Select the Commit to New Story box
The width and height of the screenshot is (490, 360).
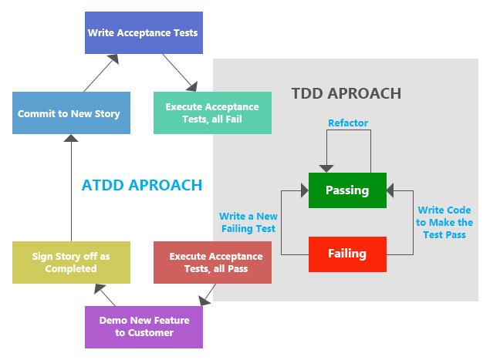click(69, 113)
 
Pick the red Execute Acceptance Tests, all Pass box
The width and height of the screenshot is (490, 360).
click(213, 262)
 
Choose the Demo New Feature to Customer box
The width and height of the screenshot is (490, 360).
click(144, 327)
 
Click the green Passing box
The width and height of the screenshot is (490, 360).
click(346, 190)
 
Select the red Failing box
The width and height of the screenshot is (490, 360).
click(346, 254)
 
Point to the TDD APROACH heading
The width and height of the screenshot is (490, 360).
click(346, 94)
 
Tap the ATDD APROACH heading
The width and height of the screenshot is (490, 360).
click(142, 185)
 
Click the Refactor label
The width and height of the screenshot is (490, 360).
click(348, 123)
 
